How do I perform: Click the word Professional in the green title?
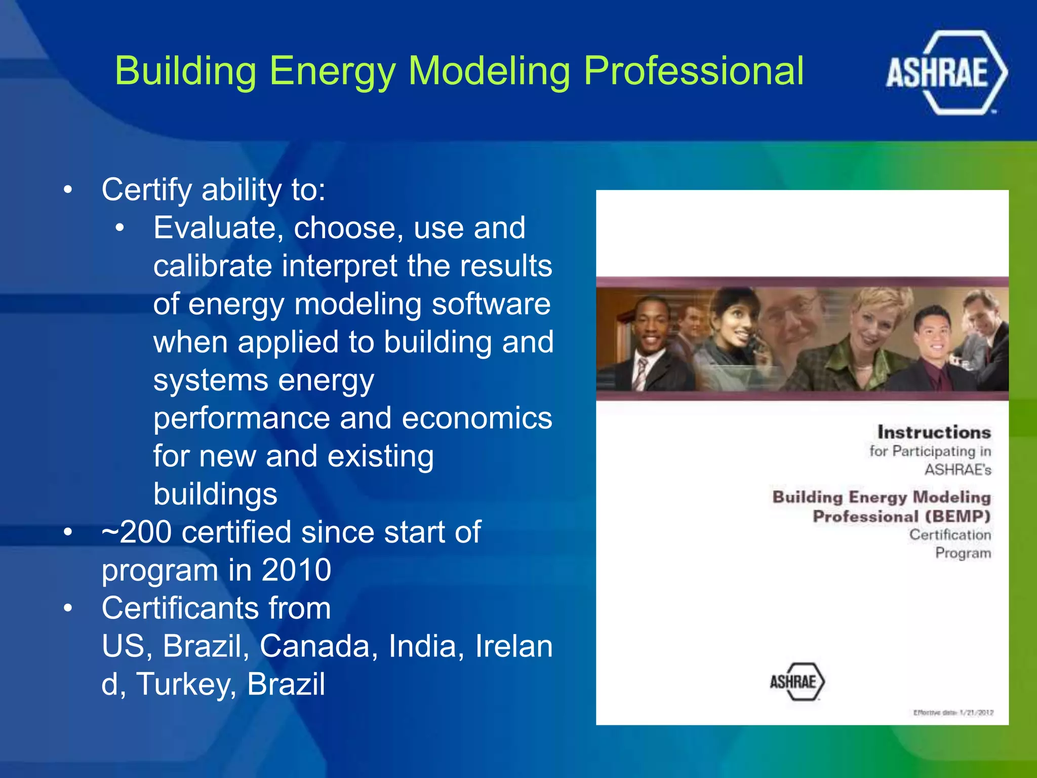pos(693,71)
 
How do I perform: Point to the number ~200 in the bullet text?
pos(136,532)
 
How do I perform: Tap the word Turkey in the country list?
pos(185,684)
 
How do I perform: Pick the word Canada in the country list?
pos(318,646)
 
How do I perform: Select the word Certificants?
pos(216,608)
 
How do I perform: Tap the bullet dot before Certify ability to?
pos(68,190)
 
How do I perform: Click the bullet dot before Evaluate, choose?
pos(119,228)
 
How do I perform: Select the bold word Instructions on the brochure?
pos(934,432)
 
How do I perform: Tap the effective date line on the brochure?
pos(953,713)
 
